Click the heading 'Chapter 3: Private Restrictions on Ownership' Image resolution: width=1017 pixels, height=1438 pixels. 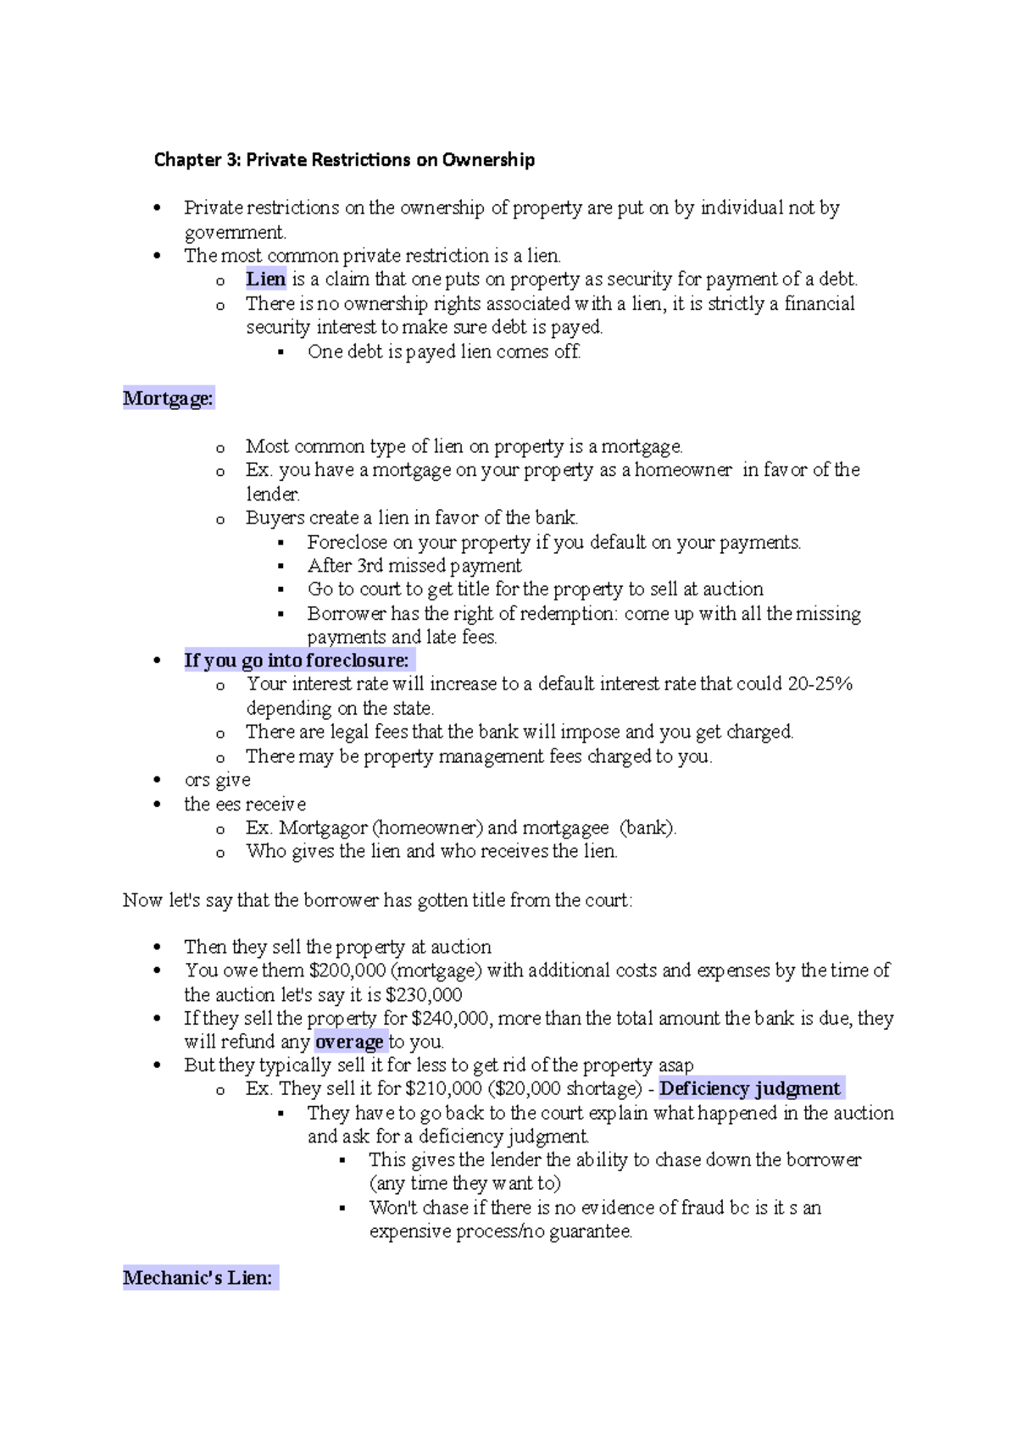point(344,160)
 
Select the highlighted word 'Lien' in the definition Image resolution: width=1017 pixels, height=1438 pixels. point(265,279)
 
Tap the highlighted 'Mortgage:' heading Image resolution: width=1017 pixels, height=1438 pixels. point(168,398)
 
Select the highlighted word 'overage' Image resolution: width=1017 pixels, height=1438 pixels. point(349,1043)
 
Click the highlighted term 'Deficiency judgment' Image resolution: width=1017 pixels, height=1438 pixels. point(750,1089)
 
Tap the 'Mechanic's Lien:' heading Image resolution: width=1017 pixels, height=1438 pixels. point(198,1278)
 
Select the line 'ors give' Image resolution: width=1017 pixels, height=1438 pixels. point(217,780)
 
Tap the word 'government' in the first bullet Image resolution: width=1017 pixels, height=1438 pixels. point(235,233)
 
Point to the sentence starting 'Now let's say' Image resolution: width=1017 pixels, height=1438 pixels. point(377,900)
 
